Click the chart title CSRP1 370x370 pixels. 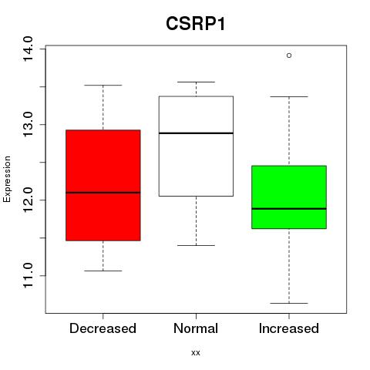[x=196, y=24]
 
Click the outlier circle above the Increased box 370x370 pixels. [x=289, y=55]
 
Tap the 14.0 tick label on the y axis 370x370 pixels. [x=28, y=49]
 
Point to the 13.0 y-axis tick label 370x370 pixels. [x=28, y=125]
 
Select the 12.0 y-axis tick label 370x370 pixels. [x=28, y=200]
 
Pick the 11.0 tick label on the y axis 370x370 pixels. [x=28, y=276]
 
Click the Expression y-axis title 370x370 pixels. [x=7, y=179]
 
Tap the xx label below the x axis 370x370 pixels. [x=196, y=352]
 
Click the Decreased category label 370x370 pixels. [x=103, y=328]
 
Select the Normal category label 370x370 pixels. [x=196, y=328]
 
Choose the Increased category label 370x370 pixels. [x=289, y=328]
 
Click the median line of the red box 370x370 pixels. [x=103, y=193]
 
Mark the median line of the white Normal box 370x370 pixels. [x=196, y=133]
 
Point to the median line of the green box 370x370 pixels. [x=289, y=209]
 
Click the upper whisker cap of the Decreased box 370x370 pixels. [x=103, y=85]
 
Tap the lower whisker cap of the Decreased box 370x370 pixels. [x=103, y=271]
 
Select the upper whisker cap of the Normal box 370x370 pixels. [x=196, y=82]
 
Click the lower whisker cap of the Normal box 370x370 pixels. [x=196, y=245]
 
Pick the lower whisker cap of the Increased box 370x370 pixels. [x=289, y=303]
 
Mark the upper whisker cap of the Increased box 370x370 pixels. [x=289, y=96]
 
